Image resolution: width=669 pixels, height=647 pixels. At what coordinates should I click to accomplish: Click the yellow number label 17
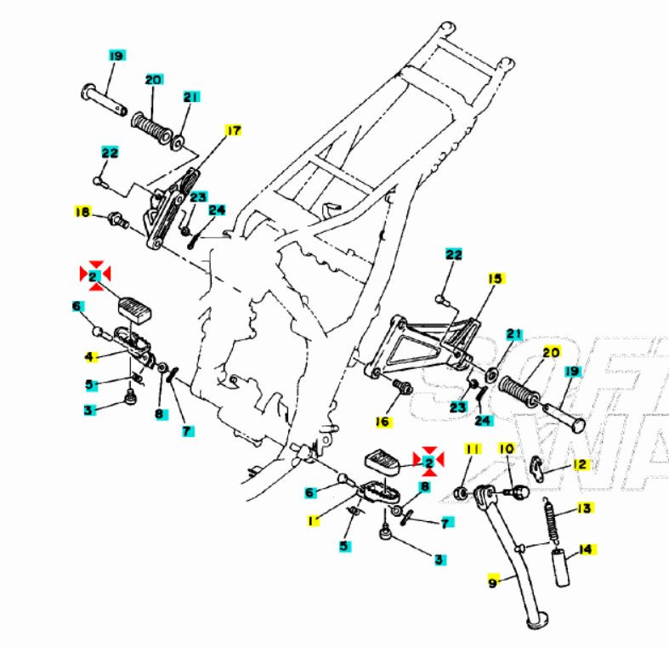pos(233,130)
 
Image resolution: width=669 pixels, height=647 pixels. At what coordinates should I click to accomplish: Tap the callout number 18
pos(82,212)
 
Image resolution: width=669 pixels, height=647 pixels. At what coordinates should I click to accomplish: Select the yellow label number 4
pos(89,355)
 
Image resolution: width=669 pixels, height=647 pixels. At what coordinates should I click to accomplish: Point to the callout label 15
pos(496,279)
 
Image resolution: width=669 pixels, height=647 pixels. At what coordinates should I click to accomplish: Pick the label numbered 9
pos(492,583)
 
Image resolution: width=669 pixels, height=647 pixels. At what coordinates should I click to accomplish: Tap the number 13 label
pos(583,508)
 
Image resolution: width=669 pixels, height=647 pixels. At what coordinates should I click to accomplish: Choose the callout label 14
pos(586,550)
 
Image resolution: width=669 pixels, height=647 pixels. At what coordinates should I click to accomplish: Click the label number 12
pos(580,464)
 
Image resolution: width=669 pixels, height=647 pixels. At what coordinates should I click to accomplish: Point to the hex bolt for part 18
pos(118,221)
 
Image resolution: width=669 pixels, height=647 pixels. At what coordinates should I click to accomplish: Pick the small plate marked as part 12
pos(537,465)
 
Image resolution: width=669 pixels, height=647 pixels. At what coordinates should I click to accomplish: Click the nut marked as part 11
pos(461,493)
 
